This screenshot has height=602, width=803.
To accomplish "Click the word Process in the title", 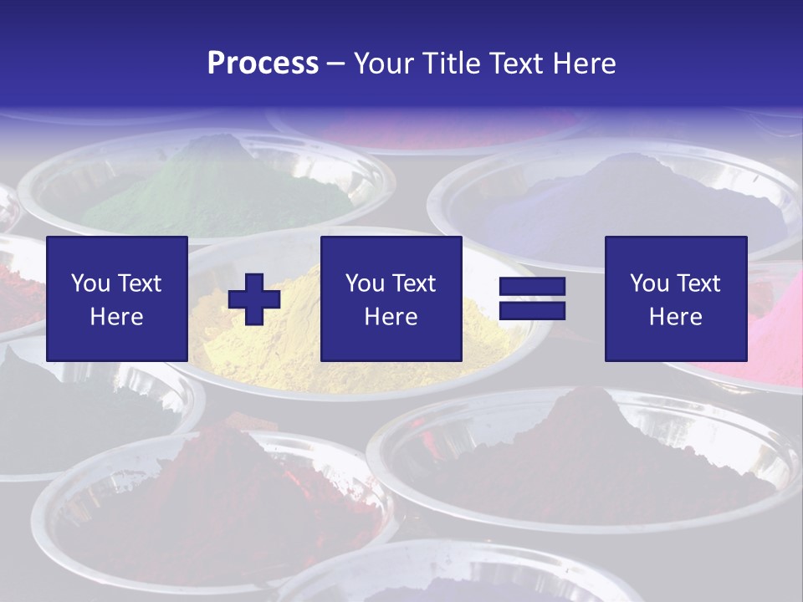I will pos(263,64).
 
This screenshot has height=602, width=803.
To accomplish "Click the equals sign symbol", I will pos(532,299).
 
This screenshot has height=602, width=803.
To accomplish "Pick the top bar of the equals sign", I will pos(532,288).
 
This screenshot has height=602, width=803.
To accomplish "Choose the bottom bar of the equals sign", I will pos(532,311).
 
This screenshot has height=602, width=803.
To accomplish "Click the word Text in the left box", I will pos(139,283).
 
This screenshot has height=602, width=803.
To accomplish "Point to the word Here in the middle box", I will pos(391,317).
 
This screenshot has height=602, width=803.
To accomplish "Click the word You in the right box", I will pos(649,283).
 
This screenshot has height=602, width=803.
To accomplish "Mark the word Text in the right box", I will pos(698,283).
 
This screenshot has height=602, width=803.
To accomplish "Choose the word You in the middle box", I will pos(365,283).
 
